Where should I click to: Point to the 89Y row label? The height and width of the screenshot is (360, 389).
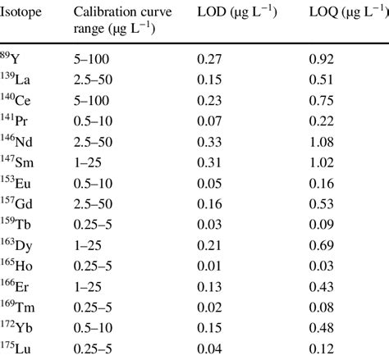13,59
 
